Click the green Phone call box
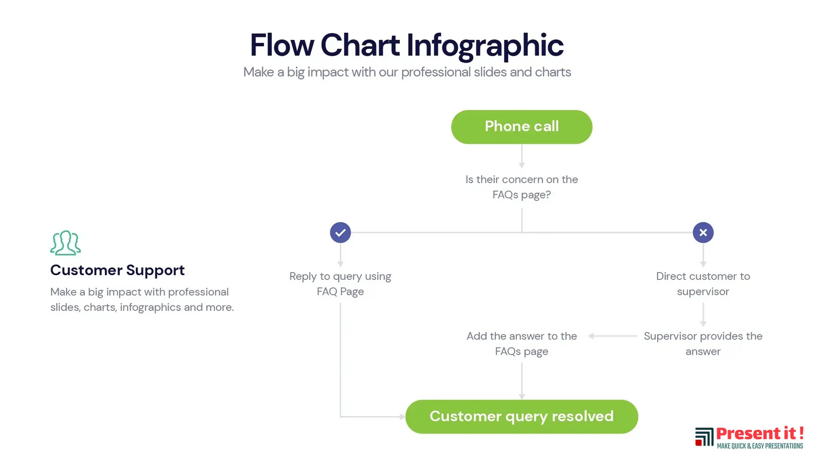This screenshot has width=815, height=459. (x=521, y=127)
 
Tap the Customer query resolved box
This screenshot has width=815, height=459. (x=521, y=417)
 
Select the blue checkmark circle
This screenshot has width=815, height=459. (x=340, y=232)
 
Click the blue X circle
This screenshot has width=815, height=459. (x=703, y=232)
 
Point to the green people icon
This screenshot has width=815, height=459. (x=65, y=242)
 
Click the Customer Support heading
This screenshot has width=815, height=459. (x=117, y=270)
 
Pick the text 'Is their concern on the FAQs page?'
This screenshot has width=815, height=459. (x=521, y=187)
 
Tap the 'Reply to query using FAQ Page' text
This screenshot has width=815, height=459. (x=340, y=284)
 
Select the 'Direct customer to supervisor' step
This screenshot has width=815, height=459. (x=703, y=284)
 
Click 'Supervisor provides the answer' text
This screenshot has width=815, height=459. (x=703, y=344)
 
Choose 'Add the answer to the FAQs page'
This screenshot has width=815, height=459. (x=521, y=344)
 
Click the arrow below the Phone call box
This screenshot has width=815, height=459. (x=522, y=156)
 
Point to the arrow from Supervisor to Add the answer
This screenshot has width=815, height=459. (x=613, y=336)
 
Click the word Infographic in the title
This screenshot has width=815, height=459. (x=484, y=46)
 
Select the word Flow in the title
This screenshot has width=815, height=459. (x=282, y=45)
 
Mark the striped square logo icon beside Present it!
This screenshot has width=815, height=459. (x=704, y=436)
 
